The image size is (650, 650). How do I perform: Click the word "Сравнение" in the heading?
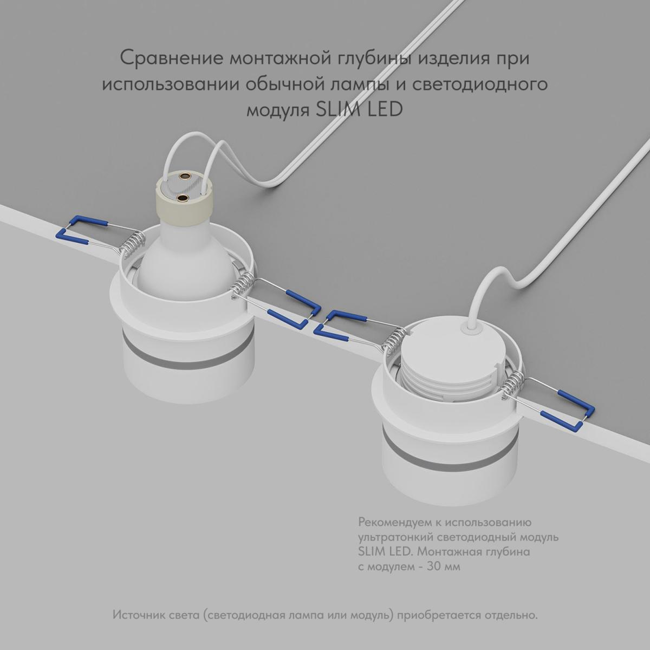171,58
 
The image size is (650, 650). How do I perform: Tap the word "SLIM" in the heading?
335,109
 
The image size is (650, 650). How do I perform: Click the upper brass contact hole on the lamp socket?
184,176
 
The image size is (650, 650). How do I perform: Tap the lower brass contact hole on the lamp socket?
183,198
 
